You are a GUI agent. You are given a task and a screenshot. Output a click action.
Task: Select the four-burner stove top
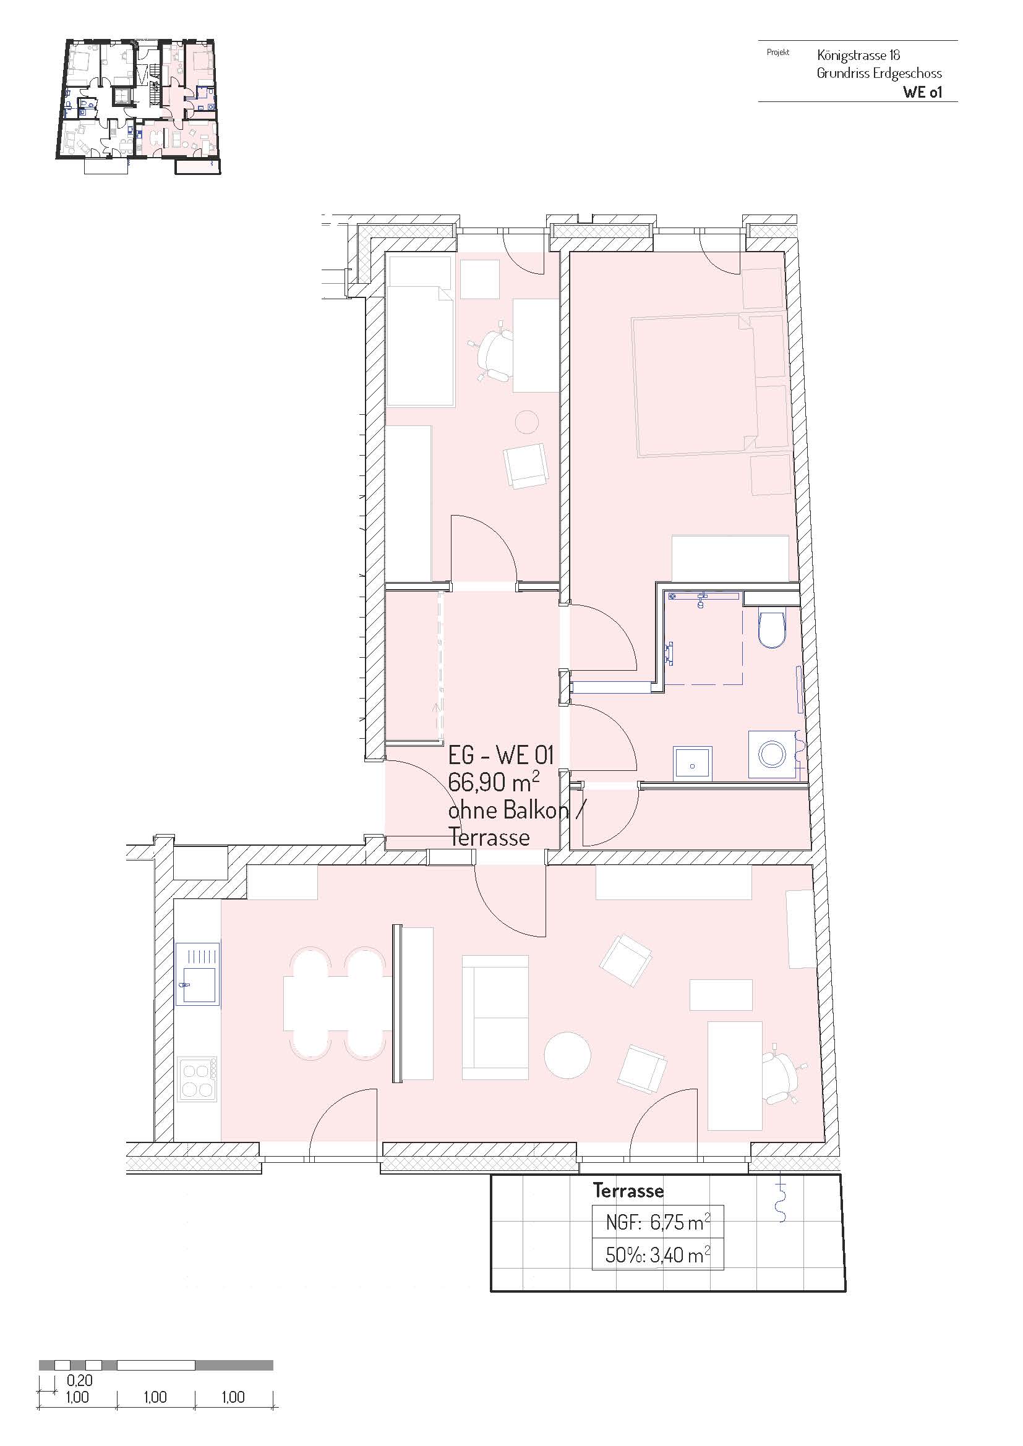click(x=198, y=1079)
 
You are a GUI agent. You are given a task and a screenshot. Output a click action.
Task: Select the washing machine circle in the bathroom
click(x=772, y=754)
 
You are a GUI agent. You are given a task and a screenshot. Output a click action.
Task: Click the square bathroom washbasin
click(x=692, y=764)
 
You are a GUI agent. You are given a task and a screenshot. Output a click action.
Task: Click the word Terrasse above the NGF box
click(x=628, y=1190)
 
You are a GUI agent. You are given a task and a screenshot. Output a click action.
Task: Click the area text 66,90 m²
click(x=493, y=782)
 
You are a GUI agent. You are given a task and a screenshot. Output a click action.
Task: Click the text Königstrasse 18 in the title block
click(x=858, y=55)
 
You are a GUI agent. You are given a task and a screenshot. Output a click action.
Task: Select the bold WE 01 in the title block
click(x=922, y=91)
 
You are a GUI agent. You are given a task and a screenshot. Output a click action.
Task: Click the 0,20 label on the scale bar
click(x=79, y=1380)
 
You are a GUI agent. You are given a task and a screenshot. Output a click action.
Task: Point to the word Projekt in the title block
click(x=778, y=53)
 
